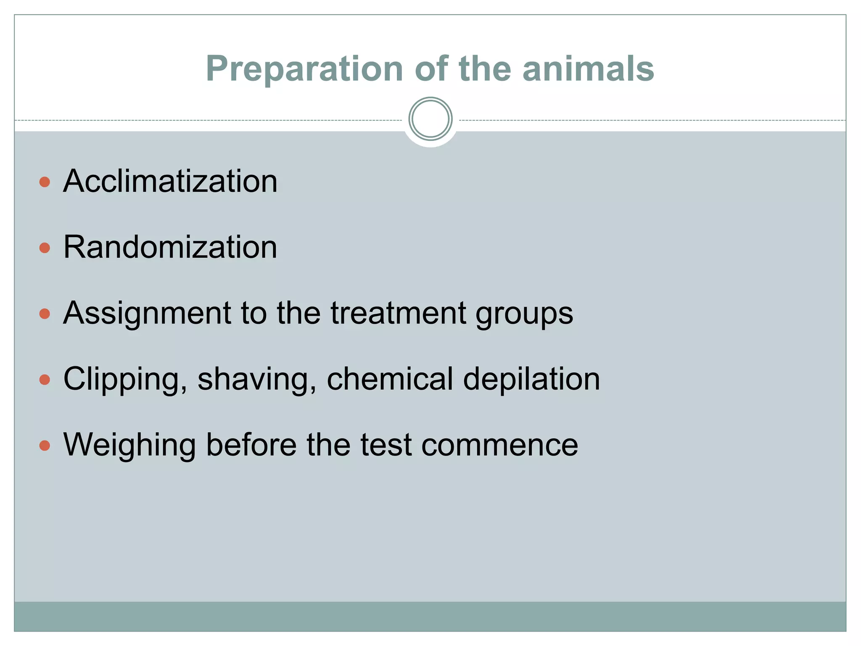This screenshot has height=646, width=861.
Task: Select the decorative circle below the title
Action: [430, 119]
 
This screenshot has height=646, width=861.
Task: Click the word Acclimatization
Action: [170, 181]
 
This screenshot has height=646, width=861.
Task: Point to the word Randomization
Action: [170, 247]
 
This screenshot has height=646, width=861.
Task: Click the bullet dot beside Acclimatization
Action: [45, 182]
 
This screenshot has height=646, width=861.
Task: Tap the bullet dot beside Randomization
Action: [45, 248]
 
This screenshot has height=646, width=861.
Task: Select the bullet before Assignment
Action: [45, 314]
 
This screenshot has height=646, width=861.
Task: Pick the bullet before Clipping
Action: [45, 380]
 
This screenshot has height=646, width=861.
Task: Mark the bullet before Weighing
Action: [45, 445]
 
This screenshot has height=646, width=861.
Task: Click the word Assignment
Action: [147, 314]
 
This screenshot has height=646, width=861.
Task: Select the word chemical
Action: [390, 379]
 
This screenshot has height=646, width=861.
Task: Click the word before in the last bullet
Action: [251, 445]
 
